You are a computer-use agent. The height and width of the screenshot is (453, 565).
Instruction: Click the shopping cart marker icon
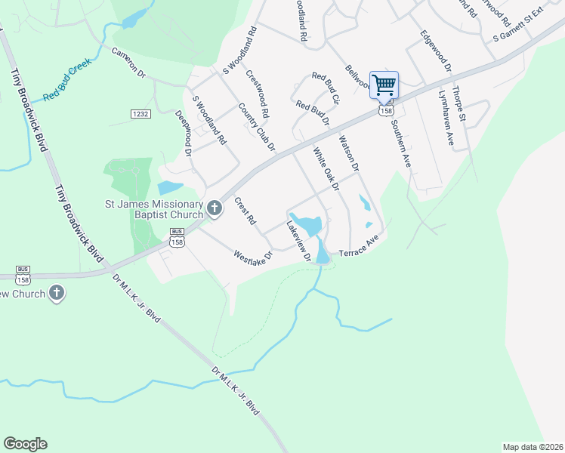click(384, 85)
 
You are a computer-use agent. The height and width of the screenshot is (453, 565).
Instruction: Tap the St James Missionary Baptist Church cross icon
click(215, 208)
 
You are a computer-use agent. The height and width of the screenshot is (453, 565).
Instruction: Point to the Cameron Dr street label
click(128, 63)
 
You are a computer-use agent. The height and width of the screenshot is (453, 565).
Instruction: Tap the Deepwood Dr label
click(184, 134)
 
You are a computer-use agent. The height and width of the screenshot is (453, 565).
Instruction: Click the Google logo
click(25, 443)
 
